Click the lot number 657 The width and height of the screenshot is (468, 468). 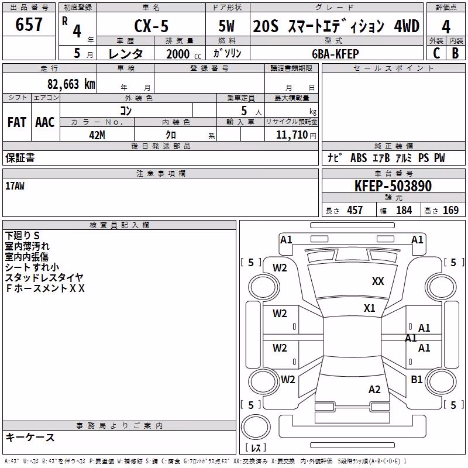(29, 24)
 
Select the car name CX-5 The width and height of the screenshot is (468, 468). (152, 26)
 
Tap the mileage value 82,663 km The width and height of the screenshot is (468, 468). (71, 84)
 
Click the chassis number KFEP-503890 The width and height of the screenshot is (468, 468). (393, 186)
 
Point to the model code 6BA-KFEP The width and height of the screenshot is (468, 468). (335, 54)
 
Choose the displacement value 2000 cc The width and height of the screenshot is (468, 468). (184, 54)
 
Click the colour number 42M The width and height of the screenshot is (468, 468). (97, 135)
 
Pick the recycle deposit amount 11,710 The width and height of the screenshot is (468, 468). (291, 135)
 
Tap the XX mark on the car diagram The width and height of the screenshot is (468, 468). (378, 281)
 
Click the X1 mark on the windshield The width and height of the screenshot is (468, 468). (370, 308)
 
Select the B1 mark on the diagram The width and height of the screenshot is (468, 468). (417, 379)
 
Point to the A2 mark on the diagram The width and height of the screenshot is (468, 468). (374, 389)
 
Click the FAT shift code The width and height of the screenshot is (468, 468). (17, 122)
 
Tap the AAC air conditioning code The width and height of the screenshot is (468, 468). (45, 122)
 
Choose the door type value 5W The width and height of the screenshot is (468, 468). (226, 26)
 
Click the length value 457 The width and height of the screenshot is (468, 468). (355, 210)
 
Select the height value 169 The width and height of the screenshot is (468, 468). (450, 210)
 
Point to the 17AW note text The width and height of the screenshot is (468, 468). (15, 186)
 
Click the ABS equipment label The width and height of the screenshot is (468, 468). (359, 158)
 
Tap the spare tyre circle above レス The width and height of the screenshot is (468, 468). (256, 427)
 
